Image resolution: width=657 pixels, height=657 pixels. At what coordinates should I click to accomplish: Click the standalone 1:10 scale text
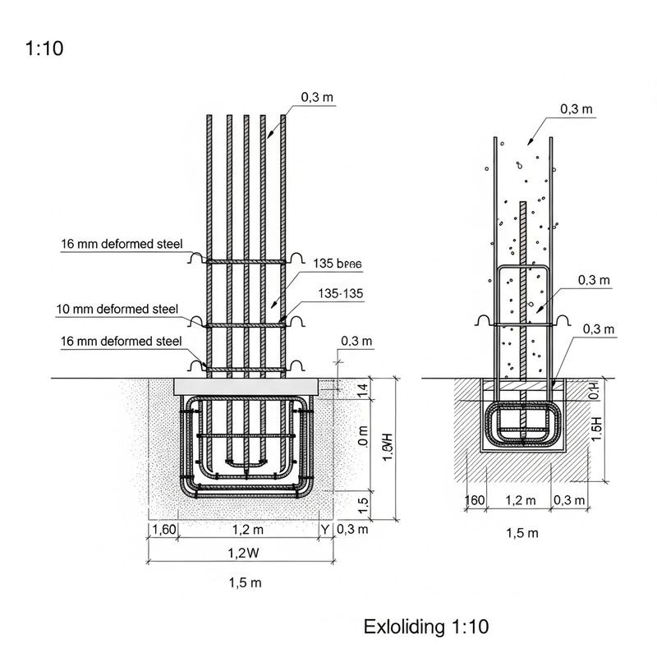[45, 48]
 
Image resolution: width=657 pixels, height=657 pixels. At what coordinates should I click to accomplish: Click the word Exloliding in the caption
[405, 627]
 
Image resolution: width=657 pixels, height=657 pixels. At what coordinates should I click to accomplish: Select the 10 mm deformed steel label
[117, 310]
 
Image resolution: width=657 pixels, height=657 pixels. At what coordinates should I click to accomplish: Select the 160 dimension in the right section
[475, 500]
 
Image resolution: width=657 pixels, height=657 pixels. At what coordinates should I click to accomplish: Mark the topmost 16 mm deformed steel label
[121, 244]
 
